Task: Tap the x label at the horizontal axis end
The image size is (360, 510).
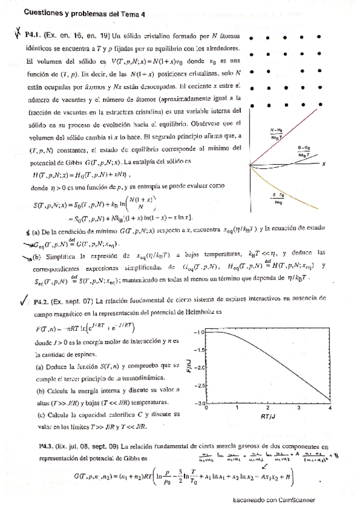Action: click(324, 163)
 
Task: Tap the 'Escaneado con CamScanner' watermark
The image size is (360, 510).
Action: click(273, 500)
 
